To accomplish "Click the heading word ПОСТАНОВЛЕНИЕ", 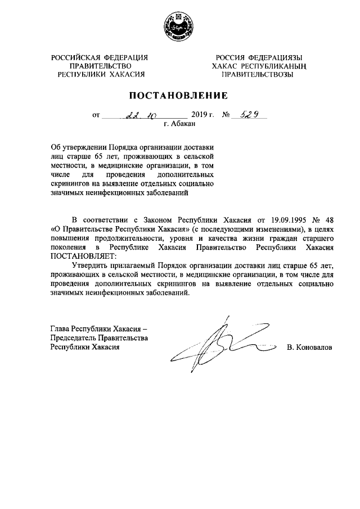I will [x=179, y=95].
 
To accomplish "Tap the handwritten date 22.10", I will [x=137, y=115].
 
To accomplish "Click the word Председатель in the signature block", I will [x=74, y=338].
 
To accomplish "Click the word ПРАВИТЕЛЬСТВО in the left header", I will [x=99, y=66].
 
